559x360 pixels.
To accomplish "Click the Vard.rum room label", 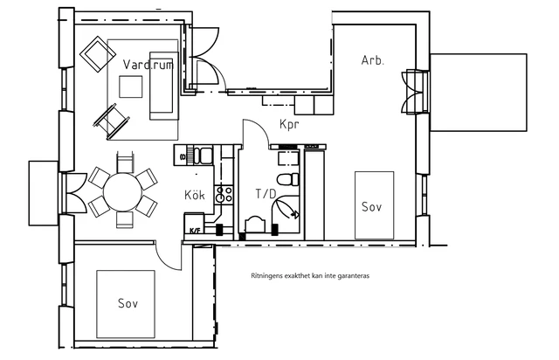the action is click(x=148, y=64).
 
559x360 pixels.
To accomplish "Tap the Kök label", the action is click(x=195, y=195).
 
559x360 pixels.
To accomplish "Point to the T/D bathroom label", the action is click(x=266, y=194).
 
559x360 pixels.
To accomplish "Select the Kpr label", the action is click(x=289, y=125).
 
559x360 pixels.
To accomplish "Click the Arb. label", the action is click(x=373, y=60).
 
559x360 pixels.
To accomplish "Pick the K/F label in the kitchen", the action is click(x=195, y=231).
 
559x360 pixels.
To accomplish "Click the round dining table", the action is click(x=123, y=192).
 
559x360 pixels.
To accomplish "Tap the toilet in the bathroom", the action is click(x=288, y=179).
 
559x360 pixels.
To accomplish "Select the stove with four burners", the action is click(x=224, y=195).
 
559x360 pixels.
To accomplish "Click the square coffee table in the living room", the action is click(x=130, y=87).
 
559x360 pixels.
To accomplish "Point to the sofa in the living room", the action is click(x=162, y=86).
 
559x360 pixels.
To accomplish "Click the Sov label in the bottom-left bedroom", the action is click(x=128, y=303).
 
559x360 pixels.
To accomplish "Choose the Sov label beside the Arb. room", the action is click(x=371, y=206).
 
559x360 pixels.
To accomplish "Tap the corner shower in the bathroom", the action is click(x=286, y=214).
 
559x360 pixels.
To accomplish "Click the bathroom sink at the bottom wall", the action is click(x=255, y=225).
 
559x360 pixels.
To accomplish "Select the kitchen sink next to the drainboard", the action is click(x=206, y=156).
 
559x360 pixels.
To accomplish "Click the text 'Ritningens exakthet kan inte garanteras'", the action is click(x=310, y=276).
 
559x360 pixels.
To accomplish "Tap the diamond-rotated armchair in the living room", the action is click(x=98, y=54).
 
